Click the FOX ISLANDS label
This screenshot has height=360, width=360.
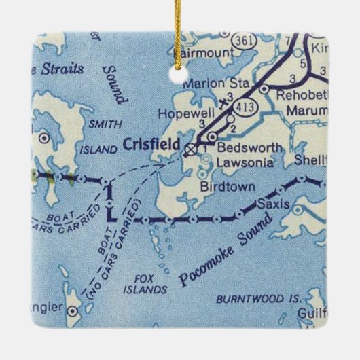pyautogui.click(x=147, y=283)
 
